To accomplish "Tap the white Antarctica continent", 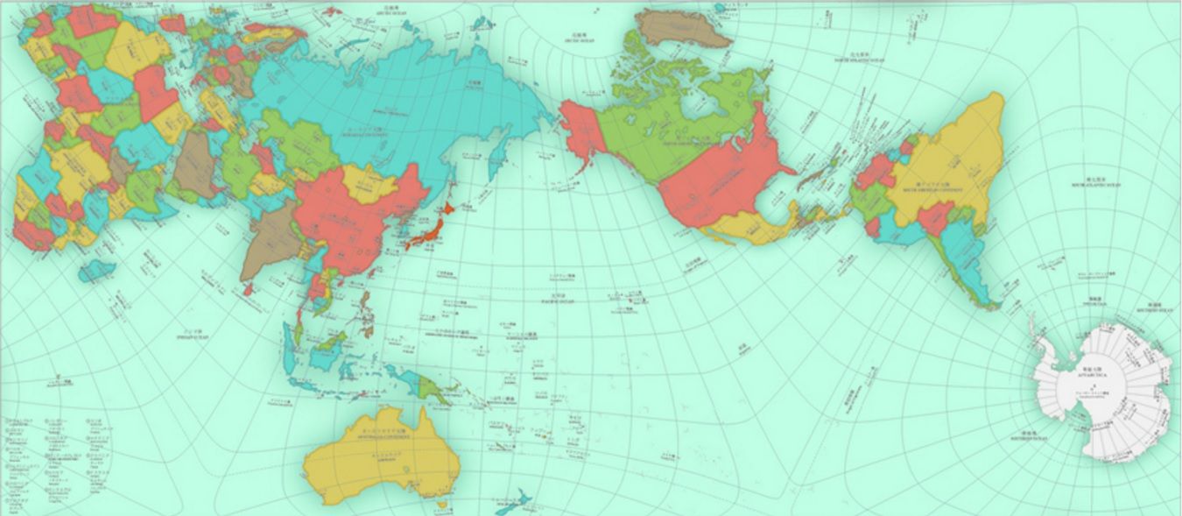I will pyautogui.click(x=1103, y=385).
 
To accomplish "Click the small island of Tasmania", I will pyautogui.click(x=442, y=505).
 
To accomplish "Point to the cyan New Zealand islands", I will pyautogui.click(x=517, y=499).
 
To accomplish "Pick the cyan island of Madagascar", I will pyautogui.click(x=96, y=271).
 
